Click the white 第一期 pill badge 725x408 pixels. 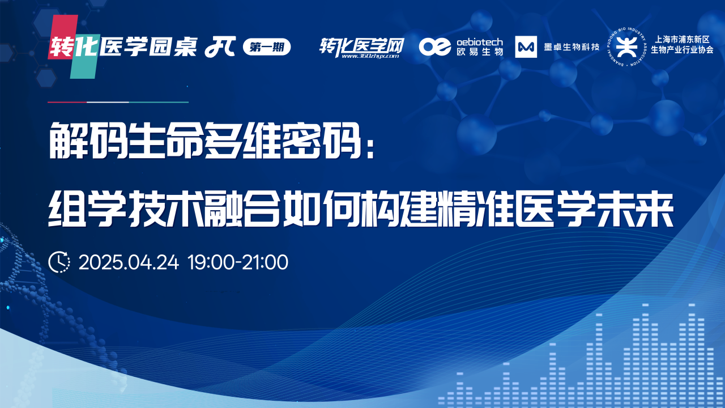(x=267, y=47)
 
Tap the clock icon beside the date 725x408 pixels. (x=59, y=262)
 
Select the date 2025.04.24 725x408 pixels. (x=129, y=262)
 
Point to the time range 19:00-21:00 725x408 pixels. (x=238, y=262)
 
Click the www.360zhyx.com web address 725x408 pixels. (x=370, y=56)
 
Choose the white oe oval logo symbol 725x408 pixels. (x=434, y=46)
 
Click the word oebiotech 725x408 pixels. (x=480, y=42)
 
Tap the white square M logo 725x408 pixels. (x=526, y=47)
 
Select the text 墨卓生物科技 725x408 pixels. (x=572, y=47)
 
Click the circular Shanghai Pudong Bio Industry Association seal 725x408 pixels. (x=626, y=47)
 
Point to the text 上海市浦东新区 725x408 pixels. (x=682, y=40)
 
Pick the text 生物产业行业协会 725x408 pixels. (x=682, y=50)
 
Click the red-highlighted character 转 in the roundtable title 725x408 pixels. (x=61, y=47)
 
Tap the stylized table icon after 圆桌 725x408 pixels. (x=220, y=47)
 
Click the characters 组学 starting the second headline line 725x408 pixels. (x=87, y=209)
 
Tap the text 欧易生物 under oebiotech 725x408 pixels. (x=480, y=52)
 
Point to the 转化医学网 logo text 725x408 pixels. (x=362, y=46)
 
